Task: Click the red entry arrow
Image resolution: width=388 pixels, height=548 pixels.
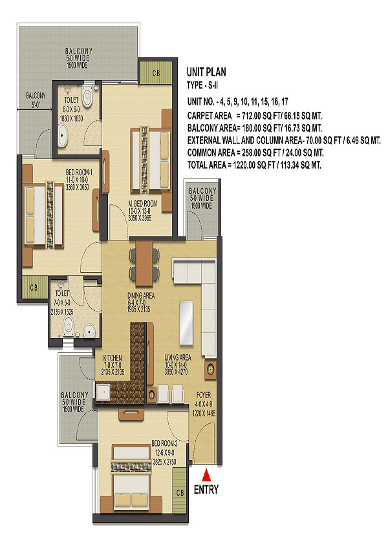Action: tap(206, 476)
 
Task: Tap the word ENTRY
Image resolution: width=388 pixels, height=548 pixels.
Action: tap(206, 490)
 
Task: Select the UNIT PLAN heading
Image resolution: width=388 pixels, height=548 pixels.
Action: tap(206, 72)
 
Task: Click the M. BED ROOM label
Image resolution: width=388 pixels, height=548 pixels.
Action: tap(142, 204)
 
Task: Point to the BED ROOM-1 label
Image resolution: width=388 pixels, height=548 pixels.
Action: tap(79, 173)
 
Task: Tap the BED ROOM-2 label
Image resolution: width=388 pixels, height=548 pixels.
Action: tap(164, 443)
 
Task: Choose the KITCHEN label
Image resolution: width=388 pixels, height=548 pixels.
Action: tap(113, 358)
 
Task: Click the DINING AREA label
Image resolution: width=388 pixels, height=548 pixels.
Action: tap(141, 296)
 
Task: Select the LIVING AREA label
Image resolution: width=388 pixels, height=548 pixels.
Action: tap(178, 357)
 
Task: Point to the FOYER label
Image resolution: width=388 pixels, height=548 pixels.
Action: tap(204, 395)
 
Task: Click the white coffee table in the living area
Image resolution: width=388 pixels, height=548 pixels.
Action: tap(186, 322)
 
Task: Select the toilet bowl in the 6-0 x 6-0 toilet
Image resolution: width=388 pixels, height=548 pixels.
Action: tap(87, 96)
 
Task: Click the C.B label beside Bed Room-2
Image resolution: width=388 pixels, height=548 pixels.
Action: tap(180, 493)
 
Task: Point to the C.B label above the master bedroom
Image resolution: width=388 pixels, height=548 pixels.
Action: tap(156, 74)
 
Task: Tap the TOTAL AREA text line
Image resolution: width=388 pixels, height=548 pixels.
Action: tap(254, 165)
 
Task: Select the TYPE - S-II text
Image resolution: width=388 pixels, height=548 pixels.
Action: tap(202, 85)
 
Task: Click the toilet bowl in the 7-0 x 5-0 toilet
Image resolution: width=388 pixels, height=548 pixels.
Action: tap(69, 326)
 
